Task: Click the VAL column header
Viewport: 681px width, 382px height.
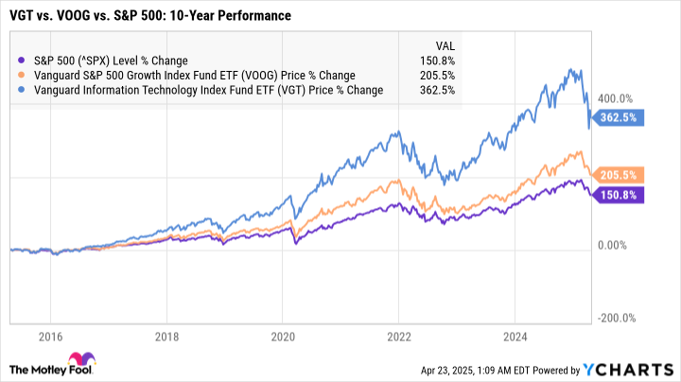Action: click(444, 43)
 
